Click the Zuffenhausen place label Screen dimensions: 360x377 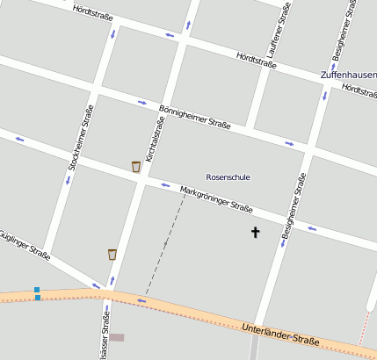(349, 76)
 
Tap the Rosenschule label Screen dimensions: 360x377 (228, 176)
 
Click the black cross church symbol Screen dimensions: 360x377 (256, 233)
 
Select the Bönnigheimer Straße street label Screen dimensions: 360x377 (194, 118)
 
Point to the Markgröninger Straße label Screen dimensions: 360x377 (216, 200)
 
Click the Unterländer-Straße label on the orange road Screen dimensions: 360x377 (279, 335)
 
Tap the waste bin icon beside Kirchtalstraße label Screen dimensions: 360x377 (136, 166)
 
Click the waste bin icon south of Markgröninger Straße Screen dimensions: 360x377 (112, 254)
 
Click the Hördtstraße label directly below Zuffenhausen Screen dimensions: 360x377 (359, 90)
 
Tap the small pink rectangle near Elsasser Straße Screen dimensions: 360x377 (117, 337)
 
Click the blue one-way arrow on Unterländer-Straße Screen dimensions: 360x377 (141, 302)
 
